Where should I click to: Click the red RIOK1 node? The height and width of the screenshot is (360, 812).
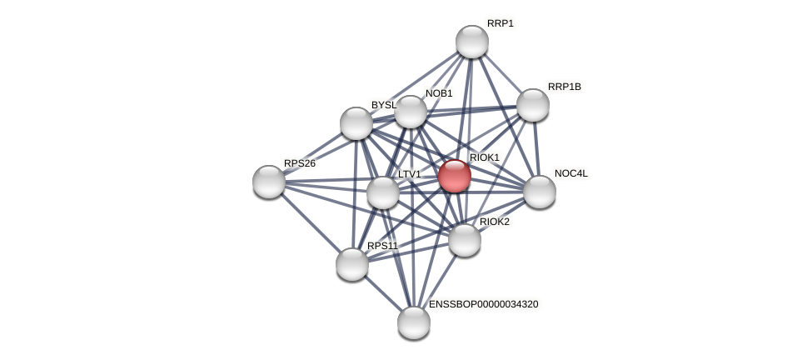(x=455, y=176)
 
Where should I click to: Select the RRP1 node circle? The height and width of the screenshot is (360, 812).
(x=472, y=42)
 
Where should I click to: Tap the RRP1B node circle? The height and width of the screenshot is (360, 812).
(x=533, y=105)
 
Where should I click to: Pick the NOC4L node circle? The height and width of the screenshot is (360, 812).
(x=540, y=192)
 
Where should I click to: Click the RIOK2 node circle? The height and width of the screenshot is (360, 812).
(x=465, y=240)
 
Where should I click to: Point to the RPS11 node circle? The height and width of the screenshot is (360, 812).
(x=352, y=264)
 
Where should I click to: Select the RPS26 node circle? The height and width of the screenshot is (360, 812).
(x=269, y=182)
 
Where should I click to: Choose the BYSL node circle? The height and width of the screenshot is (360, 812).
(x=356, y=123)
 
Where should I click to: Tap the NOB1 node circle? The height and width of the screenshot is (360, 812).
(x=411, y=112)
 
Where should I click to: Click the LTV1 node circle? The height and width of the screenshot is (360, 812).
(x=383, y=192)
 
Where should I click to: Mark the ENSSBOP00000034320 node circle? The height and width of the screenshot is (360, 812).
(x=414, y=322)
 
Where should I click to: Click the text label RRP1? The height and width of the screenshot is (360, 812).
(x=501, y=23)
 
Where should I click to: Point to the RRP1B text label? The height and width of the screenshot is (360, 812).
(x=565, y=87)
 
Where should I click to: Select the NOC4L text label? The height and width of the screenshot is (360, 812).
(x=571, y=173)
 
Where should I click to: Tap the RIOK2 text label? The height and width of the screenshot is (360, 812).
(x=495, y=222)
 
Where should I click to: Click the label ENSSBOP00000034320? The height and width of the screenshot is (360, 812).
(x=484, y=304)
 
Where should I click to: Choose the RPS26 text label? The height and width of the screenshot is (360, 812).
(x=300, y=163)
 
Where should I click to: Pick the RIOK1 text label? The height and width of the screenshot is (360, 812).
(x=485, y=157)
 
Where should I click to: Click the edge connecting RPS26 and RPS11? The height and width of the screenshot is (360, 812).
(x=311, y=222)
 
